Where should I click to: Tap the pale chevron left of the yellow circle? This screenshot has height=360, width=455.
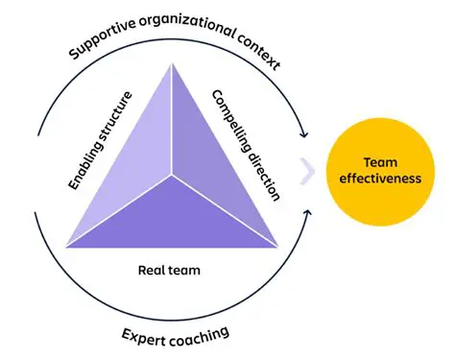(x=308, y=170)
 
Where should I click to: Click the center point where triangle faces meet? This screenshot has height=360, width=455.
(x=173, y=176)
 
